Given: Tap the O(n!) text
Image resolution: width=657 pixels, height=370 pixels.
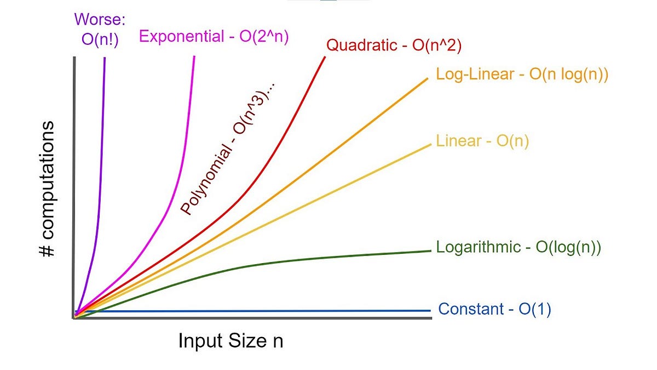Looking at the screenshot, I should click(x=99, y=41).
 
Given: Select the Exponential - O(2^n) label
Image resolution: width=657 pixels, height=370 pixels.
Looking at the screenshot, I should click(x=214, y=36).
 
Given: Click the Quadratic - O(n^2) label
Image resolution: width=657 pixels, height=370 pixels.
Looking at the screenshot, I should click(x=394, y=45).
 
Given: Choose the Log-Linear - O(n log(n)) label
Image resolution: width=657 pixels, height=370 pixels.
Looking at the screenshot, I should click(x=522, y=75).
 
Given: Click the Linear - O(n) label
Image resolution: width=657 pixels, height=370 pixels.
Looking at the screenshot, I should click(x=482, y=141).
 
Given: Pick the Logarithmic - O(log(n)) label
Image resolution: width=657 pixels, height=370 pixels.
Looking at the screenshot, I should click(x=518, y=247).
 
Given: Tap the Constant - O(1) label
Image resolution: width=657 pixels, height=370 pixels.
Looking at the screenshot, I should click(x=494, y=309).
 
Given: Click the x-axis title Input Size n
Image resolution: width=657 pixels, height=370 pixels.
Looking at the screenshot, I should click(x=230, y=341).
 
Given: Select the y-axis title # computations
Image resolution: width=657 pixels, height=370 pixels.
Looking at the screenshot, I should click(x=48, y=189).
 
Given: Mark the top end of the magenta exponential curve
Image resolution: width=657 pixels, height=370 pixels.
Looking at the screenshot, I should click(x=194, y=57).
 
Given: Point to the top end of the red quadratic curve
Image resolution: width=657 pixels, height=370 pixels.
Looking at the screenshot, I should click(x=325, y=57).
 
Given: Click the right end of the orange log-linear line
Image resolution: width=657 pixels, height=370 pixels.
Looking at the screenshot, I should click(x=427, y=79).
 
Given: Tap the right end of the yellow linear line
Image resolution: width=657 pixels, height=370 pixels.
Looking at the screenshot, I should click(x=431, y=144).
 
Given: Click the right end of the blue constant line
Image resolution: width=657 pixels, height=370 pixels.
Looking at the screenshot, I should click(x=431, y=311).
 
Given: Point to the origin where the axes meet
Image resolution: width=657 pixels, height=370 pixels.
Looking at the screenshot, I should click(x=74, y=317).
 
